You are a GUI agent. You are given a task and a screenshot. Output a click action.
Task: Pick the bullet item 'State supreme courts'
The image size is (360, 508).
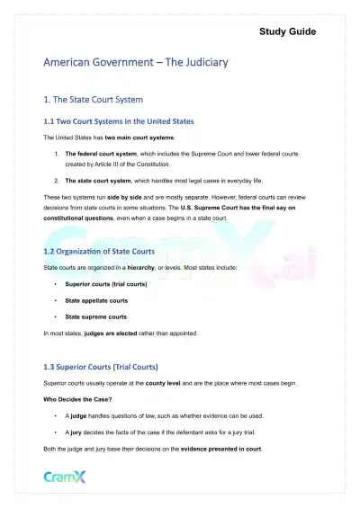pyautogui.click(x=95, y=316)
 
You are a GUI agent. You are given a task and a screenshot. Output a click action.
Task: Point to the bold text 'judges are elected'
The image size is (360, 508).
pyautogui.click(x=136, y=334)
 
